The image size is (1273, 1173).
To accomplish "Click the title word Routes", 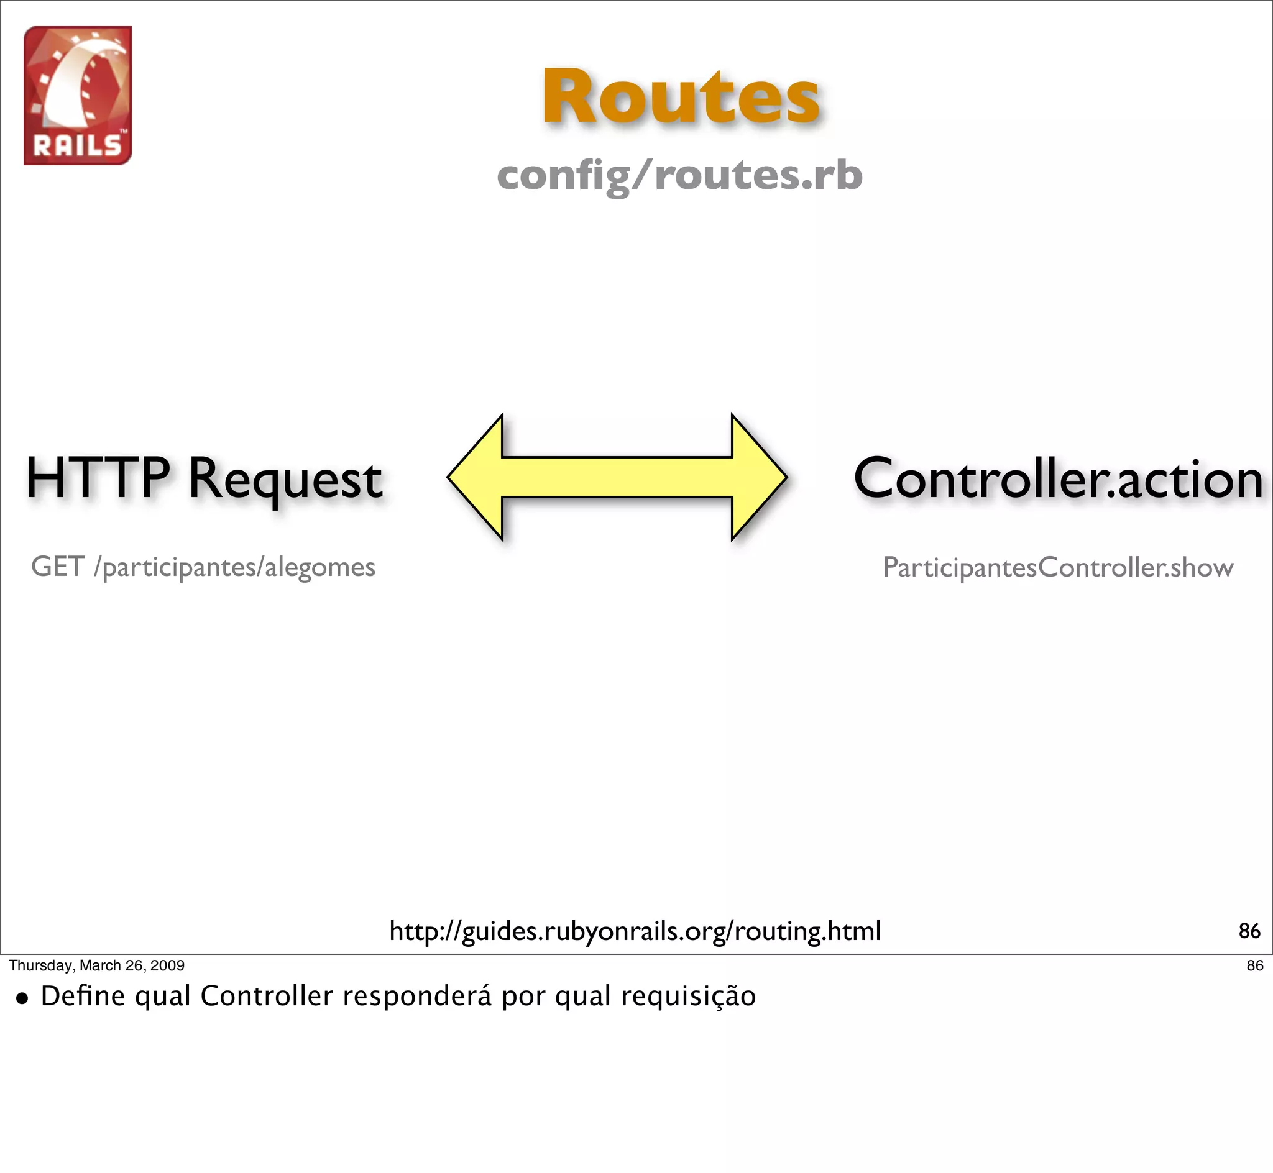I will pos(680,96).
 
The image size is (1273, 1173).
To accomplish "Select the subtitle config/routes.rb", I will pos(679,175).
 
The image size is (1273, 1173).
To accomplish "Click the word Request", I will pos(285,480).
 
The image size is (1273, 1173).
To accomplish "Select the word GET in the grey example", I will pos(57,567).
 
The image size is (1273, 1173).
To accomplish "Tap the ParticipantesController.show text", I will pos(1058,567).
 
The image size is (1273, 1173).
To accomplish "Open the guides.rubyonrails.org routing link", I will pos(635,931).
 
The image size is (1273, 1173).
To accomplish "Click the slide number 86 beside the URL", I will pos(1249,931).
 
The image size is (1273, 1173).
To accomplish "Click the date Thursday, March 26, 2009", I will pos(96,965).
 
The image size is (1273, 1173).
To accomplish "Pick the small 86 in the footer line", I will pos(1254,965).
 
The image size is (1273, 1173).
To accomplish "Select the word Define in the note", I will pos(83,995).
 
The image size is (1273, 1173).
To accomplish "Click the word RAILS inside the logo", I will pos(77,146).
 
